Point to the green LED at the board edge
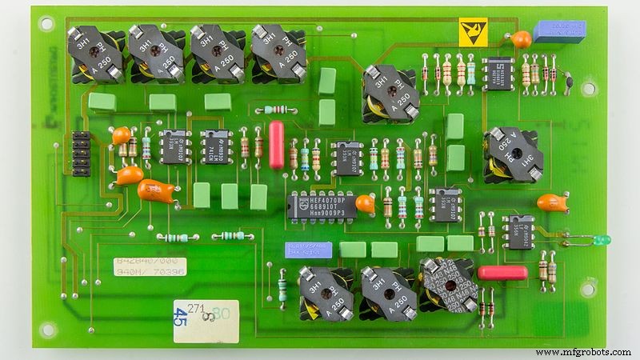pyautogui.click(x=601, y=239)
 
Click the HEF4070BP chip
pyautogui.click(x=320, y=205)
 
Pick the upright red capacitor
pyautogui.click(x=277, y=145)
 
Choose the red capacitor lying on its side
pyautogui.click(x=502, y=273)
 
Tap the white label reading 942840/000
pyautogui.click(x=145, y=262)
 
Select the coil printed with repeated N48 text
pyautogui.click(x=447, y=287)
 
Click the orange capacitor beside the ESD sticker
pyautogui.click(x=521, y=38)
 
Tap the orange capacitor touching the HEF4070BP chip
pyautogui.click(x=365, y=204)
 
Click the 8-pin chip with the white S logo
pyautogui.click(x=498, y=73)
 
